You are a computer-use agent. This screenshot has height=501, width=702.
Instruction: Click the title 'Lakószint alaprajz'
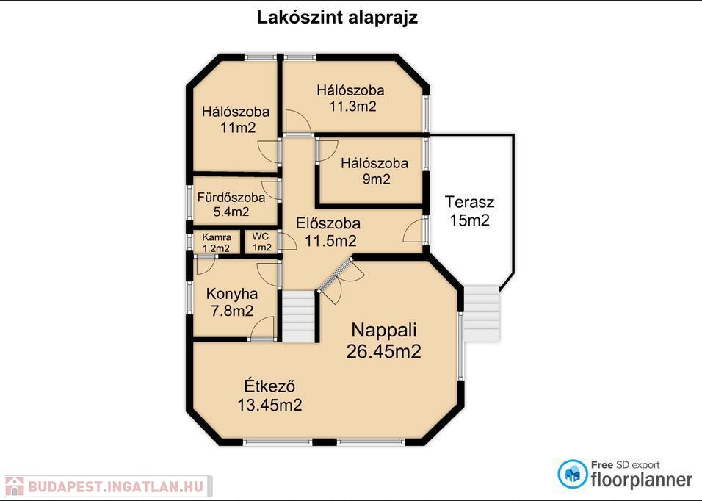pyautogui.click(x=337, y=18)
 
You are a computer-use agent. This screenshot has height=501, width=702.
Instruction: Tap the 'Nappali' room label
pyautogui.click(x=384, y=331)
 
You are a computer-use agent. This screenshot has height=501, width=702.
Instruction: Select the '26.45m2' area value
pyautogui.click(x=383, y=351)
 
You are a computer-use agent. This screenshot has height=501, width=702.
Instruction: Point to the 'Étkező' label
pyautogui.click(x=269, y=386)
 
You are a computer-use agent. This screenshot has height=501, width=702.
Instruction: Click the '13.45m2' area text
pyautogui.click(x=269, y=405)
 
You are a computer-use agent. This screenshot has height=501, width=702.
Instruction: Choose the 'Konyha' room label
pyautogui.click(x=232, y=294)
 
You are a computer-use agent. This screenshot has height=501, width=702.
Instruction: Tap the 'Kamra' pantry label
pyautogui.click(x=217, y=237)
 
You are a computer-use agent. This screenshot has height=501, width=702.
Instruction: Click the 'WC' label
pyautogui.click(x=260, y=236)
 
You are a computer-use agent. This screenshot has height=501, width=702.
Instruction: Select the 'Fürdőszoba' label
pyautogui.click(x=231, y=198)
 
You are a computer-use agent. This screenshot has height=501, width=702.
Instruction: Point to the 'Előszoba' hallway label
pyautogui.click(x=328, y=223)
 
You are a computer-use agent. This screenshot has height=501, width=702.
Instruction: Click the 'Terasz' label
pyautogui.click(x=469, y=202)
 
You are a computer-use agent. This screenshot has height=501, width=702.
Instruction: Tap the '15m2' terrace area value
pyautogui.click(x=469, y=220)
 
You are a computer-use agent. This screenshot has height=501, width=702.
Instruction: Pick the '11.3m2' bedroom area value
pyautogui.click(x=352, y=107)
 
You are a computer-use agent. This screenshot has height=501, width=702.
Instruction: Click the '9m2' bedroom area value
pyautogui.click(x=376, y=179)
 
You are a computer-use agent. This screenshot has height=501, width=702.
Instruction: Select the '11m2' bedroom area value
pyautogui.click(x=238, y=128)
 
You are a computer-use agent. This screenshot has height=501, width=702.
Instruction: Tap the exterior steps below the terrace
pyautogui.click(x=481, y=314)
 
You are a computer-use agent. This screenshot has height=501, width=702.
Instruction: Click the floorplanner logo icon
pyautogui.click(x=573, y=474)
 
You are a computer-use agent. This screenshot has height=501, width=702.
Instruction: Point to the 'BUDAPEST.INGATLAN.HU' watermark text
pyautogui.click(x=116, y=486)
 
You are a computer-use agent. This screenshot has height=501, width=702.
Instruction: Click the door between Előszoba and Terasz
pyautogui.click(x=416, y=231)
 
